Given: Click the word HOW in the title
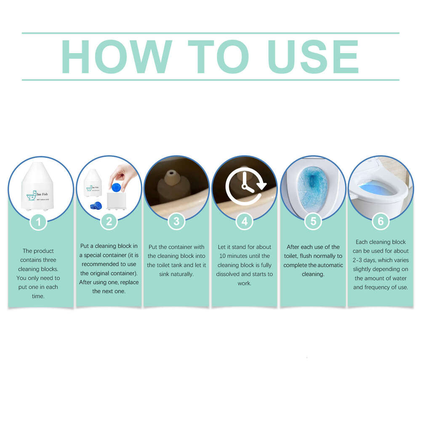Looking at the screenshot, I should pyautogui.click(x=117, y=57).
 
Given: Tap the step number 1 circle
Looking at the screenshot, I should pyautogui.click(x=39, y=221).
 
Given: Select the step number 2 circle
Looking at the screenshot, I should pyautogui.click(x=109, y=221).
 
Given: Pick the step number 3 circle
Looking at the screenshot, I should pyautogui.click(x=176, y=221).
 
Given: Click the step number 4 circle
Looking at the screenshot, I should pyautogui.click(x=245, y=221).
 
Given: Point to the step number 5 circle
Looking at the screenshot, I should pyautogui.click(x=313, y=221).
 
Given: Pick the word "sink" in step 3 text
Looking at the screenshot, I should pyautogui.click(x=165, y=274).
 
